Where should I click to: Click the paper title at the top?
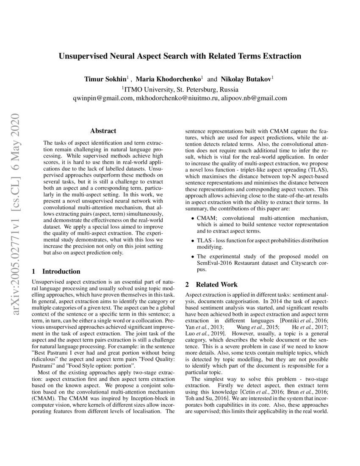[180, 56]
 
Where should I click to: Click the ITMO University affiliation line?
[180, 89]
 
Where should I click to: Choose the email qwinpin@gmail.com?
[103, 98]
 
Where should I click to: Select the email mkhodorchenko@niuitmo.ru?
[177, 98]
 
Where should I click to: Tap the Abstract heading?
[103, 131]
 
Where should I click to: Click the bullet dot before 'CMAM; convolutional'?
[193, 219]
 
